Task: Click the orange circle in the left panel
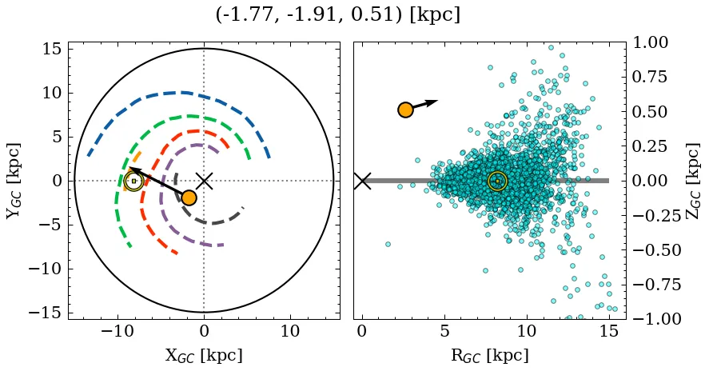(x=189, y=197)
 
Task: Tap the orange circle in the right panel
(x=405, y=110)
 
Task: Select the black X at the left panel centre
(x=204, y=181)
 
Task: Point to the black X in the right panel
(x=362, y=181)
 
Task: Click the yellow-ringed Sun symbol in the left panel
(x=133, y=181)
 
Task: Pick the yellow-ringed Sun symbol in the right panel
(x=497, y=182)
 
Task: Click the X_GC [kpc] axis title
(x=203, y=356)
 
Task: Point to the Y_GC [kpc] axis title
(x=14, y=181)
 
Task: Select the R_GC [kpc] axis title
(x=489, y=356)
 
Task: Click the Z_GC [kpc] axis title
(x=694, y=181)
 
